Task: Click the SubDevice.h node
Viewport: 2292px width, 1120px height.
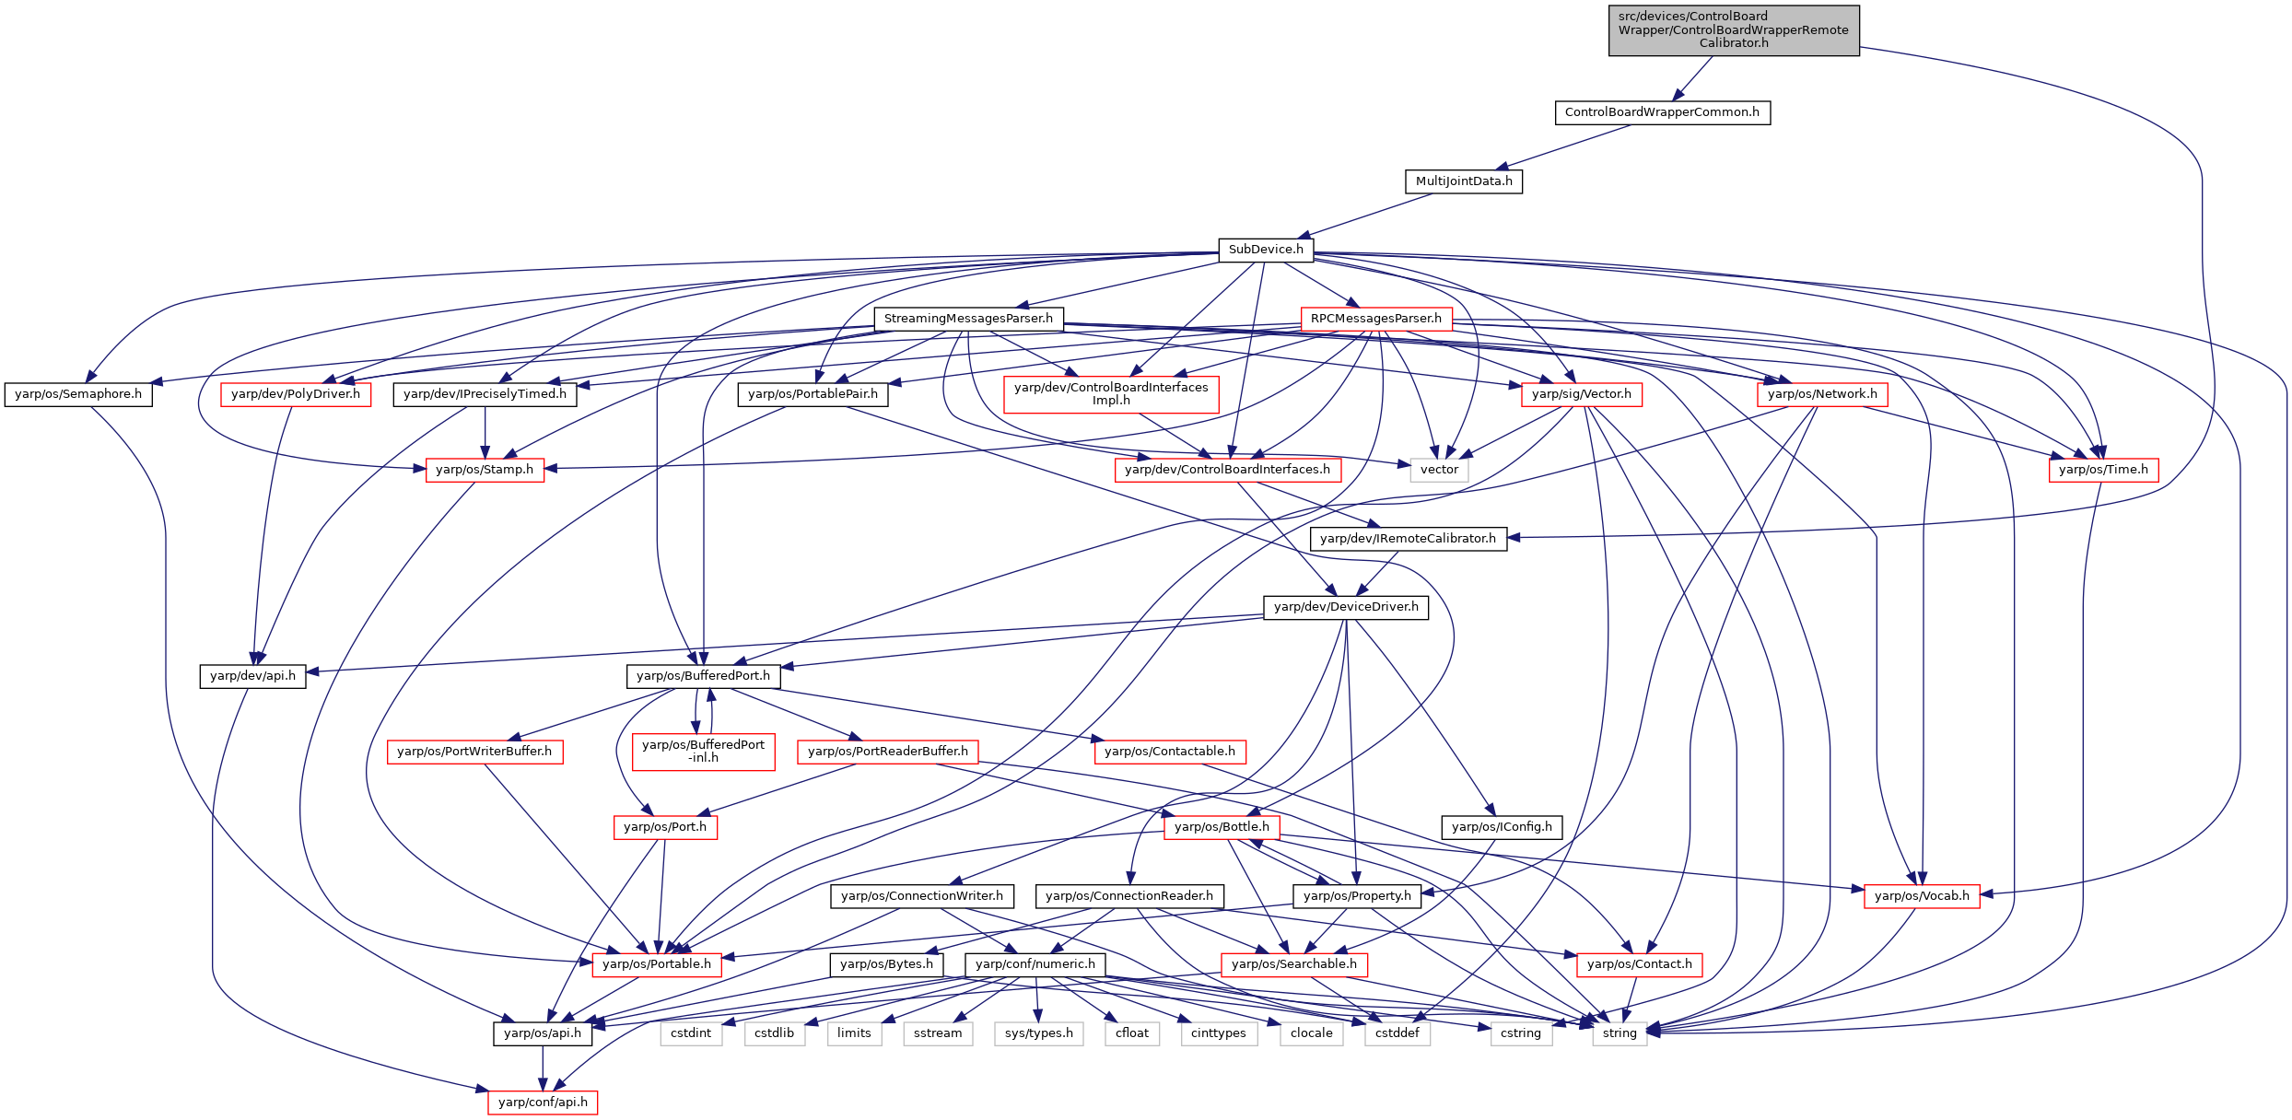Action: pos(1266,250)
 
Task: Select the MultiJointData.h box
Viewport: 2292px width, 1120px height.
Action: pos(1464,181)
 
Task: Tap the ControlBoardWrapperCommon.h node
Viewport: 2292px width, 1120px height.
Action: pos(1662,112)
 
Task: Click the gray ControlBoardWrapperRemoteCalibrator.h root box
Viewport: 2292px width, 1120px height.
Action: pos(1734,30)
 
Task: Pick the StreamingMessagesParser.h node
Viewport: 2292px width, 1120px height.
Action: pos(968,319)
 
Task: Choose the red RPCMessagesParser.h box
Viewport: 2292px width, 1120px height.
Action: pos(1376,319)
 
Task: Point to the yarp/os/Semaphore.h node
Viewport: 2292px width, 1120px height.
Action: pos(78,394)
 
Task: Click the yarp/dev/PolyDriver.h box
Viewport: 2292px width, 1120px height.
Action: pos(296,394)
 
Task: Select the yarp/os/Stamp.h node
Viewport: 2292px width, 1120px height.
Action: pos(485,470)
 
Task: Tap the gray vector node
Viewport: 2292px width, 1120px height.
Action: pos(1439,470)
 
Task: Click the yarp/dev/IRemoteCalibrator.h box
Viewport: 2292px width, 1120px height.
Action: pos(1409,539)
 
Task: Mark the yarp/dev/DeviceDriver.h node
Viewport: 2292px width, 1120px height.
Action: pos(1346,607)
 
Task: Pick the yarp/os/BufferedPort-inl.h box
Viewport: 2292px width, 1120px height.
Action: pos(703,752)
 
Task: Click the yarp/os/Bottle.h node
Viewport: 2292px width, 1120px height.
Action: pos(1222,827)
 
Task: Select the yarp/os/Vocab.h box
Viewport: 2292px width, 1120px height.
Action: pos(1922,896)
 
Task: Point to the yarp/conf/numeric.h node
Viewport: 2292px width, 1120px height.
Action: pos(1035,964)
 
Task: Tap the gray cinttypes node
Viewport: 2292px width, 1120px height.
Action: pos(1218,1033)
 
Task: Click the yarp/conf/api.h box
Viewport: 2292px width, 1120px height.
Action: pos(543,1102)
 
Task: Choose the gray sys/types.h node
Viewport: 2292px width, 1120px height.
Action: pos(1039,1033)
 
